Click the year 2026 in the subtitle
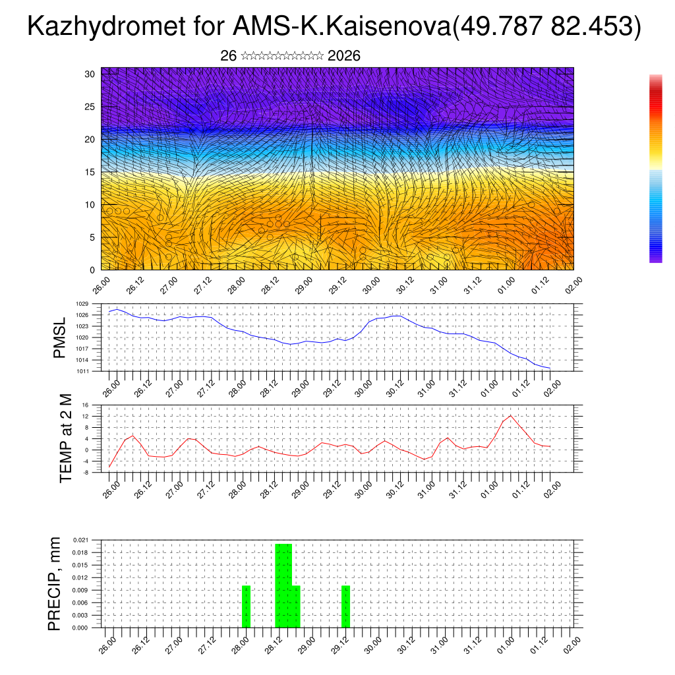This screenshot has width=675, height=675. (343, 56)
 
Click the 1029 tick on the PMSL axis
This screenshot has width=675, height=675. (82, 304)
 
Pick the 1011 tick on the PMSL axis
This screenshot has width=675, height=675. (82, 371)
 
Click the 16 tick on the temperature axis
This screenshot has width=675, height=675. (85, 405)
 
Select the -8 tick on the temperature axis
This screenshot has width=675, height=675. (85, 472)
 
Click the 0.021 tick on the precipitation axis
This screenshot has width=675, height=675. (80, 540)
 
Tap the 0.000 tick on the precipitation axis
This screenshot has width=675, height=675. (80, 628)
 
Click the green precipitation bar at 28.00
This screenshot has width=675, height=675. (246, 606)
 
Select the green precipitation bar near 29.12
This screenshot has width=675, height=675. (345, 606)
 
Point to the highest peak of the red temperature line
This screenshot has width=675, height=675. (511, 415)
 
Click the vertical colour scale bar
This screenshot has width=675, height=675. (655, 169)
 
